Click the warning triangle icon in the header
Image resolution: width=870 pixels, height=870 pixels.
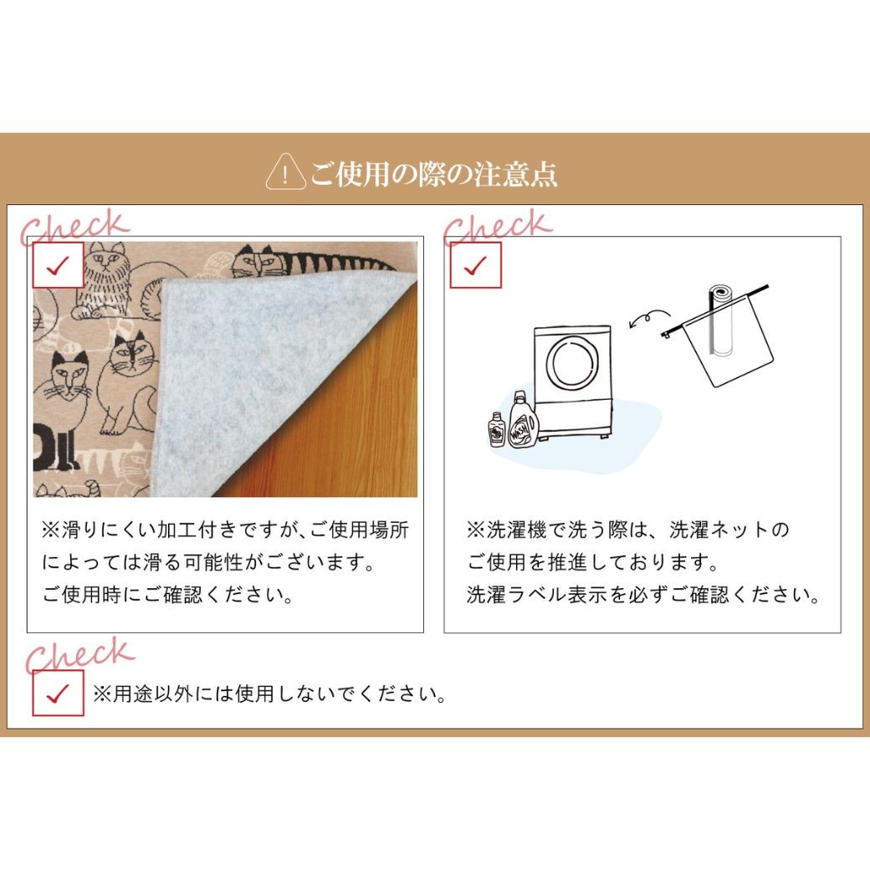(x=286, y=172)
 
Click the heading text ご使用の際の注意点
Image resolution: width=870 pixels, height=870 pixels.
(x=434, y=174)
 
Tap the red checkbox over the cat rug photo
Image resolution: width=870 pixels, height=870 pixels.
(x=58, y=266)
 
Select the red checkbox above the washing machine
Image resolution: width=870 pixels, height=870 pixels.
(x=475, y=266)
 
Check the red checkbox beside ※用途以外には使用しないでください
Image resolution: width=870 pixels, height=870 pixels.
(x=59, y=693)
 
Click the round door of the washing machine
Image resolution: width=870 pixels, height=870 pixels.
(x=572, y=364)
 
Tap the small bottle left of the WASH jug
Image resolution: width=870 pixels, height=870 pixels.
(x=497, y=430)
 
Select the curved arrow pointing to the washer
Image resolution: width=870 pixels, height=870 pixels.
(x=649, y=317)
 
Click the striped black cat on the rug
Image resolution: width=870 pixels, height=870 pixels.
(x=310, y=262)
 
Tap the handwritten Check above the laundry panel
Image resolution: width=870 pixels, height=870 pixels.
(x=498, y=227)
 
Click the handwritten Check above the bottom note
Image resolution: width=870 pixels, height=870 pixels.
(x=80, y=655)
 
